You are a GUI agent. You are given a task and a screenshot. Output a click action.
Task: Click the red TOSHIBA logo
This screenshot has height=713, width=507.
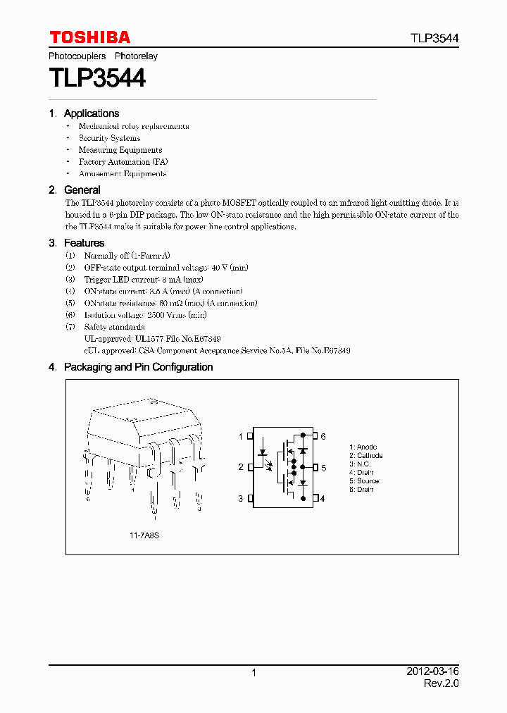(x=89, y=37)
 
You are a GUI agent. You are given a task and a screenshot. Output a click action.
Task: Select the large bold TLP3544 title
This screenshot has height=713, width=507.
(x=97, y=77)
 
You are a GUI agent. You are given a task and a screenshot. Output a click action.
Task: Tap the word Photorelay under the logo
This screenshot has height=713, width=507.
(x=136, y=56)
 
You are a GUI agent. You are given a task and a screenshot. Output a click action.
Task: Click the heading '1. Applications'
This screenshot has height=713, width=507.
(x=84, y=113)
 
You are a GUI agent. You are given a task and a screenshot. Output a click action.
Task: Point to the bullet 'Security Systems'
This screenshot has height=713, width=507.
(x=109, y=138)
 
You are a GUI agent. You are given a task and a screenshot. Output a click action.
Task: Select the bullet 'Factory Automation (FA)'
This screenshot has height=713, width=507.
(x=123, y=162)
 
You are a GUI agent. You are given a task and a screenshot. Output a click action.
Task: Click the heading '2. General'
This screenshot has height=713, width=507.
(x=75, y=190)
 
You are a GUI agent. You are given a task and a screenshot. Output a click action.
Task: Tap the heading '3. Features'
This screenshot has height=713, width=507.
(x=77, y=243)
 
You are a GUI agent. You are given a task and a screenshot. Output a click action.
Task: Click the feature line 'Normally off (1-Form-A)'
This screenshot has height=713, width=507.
(x=127, y=256)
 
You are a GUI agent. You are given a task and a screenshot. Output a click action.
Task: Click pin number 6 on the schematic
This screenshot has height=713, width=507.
(x=323, y=437)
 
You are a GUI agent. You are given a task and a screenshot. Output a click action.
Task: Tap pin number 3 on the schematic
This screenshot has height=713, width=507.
(x=240, y=498)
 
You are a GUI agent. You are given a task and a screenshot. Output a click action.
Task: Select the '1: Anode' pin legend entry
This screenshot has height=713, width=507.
(x=363, y=447)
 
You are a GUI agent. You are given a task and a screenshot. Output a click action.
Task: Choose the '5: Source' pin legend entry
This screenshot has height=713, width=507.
(x=364, y=481)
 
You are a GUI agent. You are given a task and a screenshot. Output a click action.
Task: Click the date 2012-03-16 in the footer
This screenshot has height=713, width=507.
(x=432, y=672)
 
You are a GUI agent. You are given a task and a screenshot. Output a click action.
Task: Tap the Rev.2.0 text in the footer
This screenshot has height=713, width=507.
(x=441, y=684)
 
